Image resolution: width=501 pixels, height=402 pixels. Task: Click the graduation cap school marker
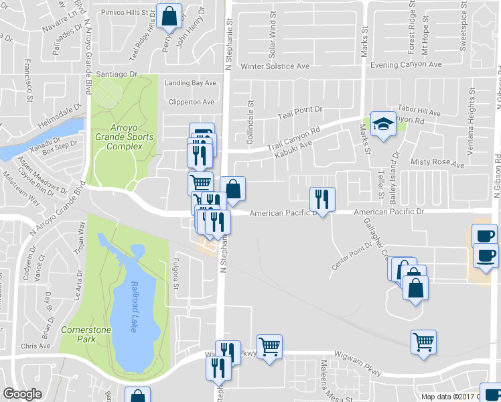[x=383, y=123]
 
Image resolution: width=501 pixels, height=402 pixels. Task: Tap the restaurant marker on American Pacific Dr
[x=322, y=199]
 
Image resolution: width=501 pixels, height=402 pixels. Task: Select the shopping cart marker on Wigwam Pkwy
[x=269, y=346]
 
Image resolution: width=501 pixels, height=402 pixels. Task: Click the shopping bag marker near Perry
[x=170, y=15]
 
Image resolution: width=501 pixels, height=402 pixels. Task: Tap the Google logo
[x=22, y=394]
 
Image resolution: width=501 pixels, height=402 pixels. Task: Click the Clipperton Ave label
[x=192, y=102]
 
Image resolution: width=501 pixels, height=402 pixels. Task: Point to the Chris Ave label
[x=35, y=346]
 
